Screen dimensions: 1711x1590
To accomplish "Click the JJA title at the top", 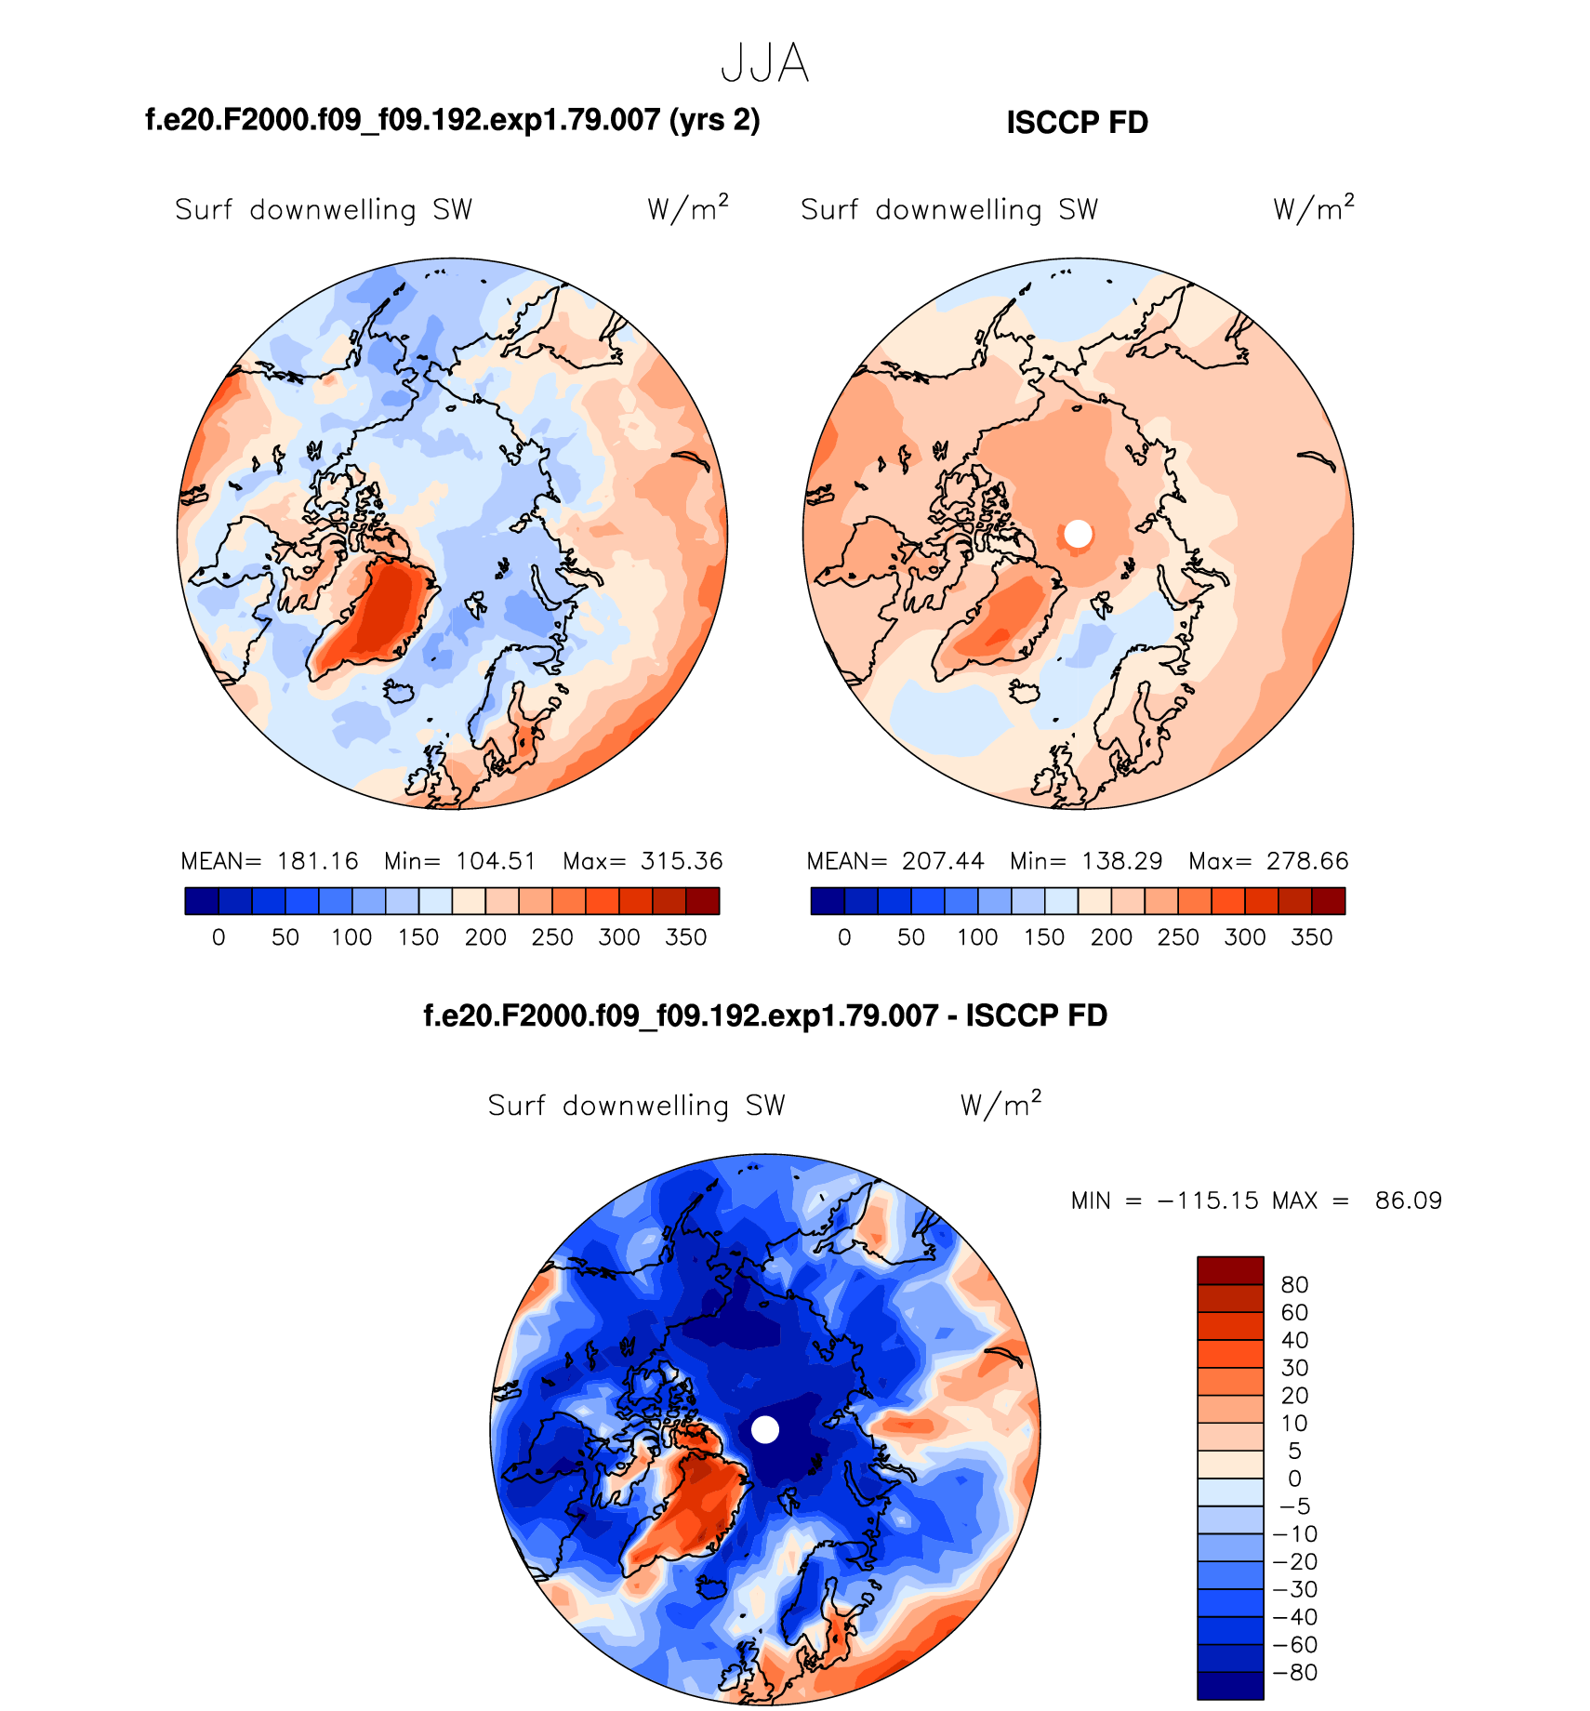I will (764, 64).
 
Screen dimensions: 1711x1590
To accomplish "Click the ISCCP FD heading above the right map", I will (1077, 123).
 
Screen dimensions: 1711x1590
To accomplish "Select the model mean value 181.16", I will (317, 861).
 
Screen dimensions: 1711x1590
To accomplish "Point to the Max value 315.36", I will (682, 861).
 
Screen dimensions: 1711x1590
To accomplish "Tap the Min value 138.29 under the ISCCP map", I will (1122, 861).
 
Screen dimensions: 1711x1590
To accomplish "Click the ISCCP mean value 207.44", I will (943, 861).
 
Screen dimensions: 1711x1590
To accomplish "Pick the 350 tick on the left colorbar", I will (686, 937).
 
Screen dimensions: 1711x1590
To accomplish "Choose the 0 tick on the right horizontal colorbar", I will (844, 937).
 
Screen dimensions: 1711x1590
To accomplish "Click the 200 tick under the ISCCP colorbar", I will (1111, 937).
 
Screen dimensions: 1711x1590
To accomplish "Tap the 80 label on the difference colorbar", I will (1294, 1285).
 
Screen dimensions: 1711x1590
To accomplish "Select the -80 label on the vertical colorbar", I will (1294, 1673).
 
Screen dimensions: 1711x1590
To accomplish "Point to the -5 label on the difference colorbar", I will (1294, 1506).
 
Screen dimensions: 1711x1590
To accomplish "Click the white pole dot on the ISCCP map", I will (1078, 534).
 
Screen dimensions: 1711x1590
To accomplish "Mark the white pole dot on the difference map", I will (764, 1429).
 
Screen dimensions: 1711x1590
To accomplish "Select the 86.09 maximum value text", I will (1408, 1200).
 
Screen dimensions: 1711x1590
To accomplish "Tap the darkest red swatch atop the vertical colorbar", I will (1230, 1270).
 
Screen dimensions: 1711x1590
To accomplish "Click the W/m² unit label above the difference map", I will (1000, 1104).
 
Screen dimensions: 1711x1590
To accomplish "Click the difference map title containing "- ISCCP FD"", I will (764, 1015).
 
